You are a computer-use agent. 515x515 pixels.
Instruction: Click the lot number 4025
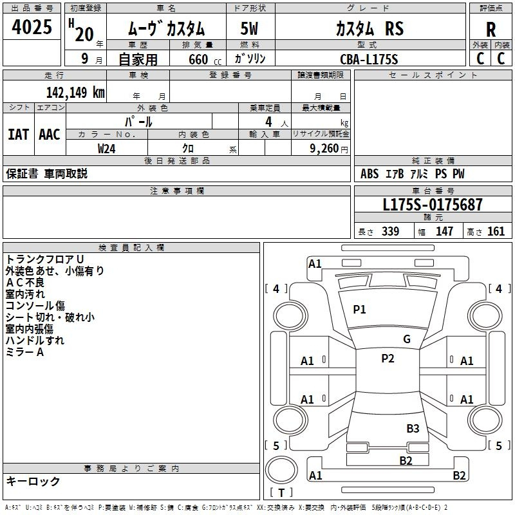coord(32,26)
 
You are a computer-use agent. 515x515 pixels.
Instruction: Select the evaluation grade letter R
coord(491,30)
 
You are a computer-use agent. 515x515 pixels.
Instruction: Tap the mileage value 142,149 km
coord(75,93)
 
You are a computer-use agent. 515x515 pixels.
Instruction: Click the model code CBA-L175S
coord(369,59)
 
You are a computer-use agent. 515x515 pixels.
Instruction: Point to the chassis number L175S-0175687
coord(433,205)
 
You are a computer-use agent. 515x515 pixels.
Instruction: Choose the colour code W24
coord(106,149)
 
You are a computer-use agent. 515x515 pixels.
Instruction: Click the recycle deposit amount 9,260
coord(324,149)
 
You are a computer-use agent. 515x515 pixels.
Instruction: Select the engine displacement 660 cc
coord(205,59)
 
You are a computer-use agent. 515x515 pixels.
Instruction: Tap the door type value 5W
coord(249,28)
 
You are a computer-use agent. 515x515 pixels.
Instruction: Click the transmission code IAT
coord(19,135)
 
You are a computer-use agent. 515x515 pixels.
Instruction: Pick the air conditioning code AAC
coord(50,135)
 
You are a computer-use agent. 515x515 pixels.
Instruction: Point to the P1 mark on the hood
coord(359,310)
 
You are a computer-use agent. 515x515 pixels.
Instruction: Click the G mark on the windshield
coord(407,339)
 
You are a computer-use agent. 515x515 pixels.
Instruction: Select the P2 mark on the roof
coord(388,359)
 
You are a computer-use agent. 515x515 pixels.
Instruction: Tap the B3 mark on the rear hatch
coord(413,428)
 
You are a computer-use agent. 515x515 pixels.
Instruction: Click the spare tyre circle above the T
coord(281,471)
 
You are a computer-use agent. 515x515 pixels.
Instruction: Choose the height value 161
coord(496,231)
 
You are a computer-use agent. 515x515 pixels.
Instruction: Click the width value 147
coord(444,231)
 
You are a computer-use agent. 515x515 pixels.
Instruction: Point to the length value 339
coord(390,231)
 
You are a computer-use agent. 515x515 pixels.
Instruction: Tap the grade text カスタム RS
coord(370,28)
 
